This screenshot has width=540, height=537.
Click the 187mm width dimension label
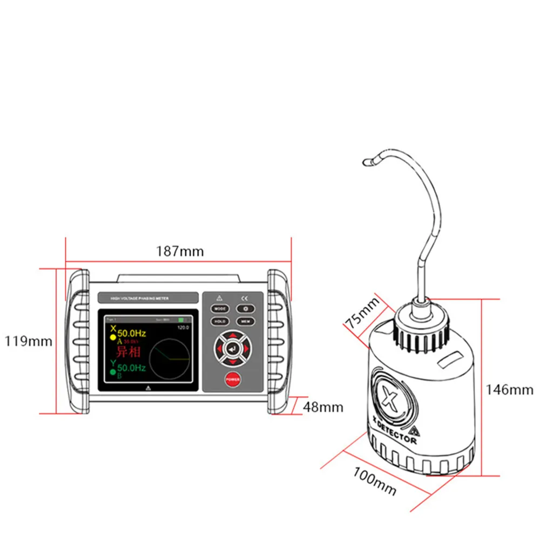tap(180, 251)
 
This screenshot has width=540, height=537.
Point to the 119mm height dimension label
tap(29, 341)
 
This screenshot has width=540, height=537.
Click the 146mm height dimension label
tap(509, 389)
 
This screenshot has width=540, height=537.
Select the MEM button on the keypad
tap(245, 321)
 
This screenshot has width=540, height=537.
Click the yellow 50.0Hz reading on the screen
tap(132, 334)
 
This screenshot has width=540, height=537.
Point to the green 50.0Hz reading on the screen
tap(132, 368)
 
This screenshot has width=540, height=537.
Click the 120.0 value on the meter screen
tap(184, 327)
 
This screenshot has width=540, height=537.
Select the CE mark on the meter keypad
tap(244, 298)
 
